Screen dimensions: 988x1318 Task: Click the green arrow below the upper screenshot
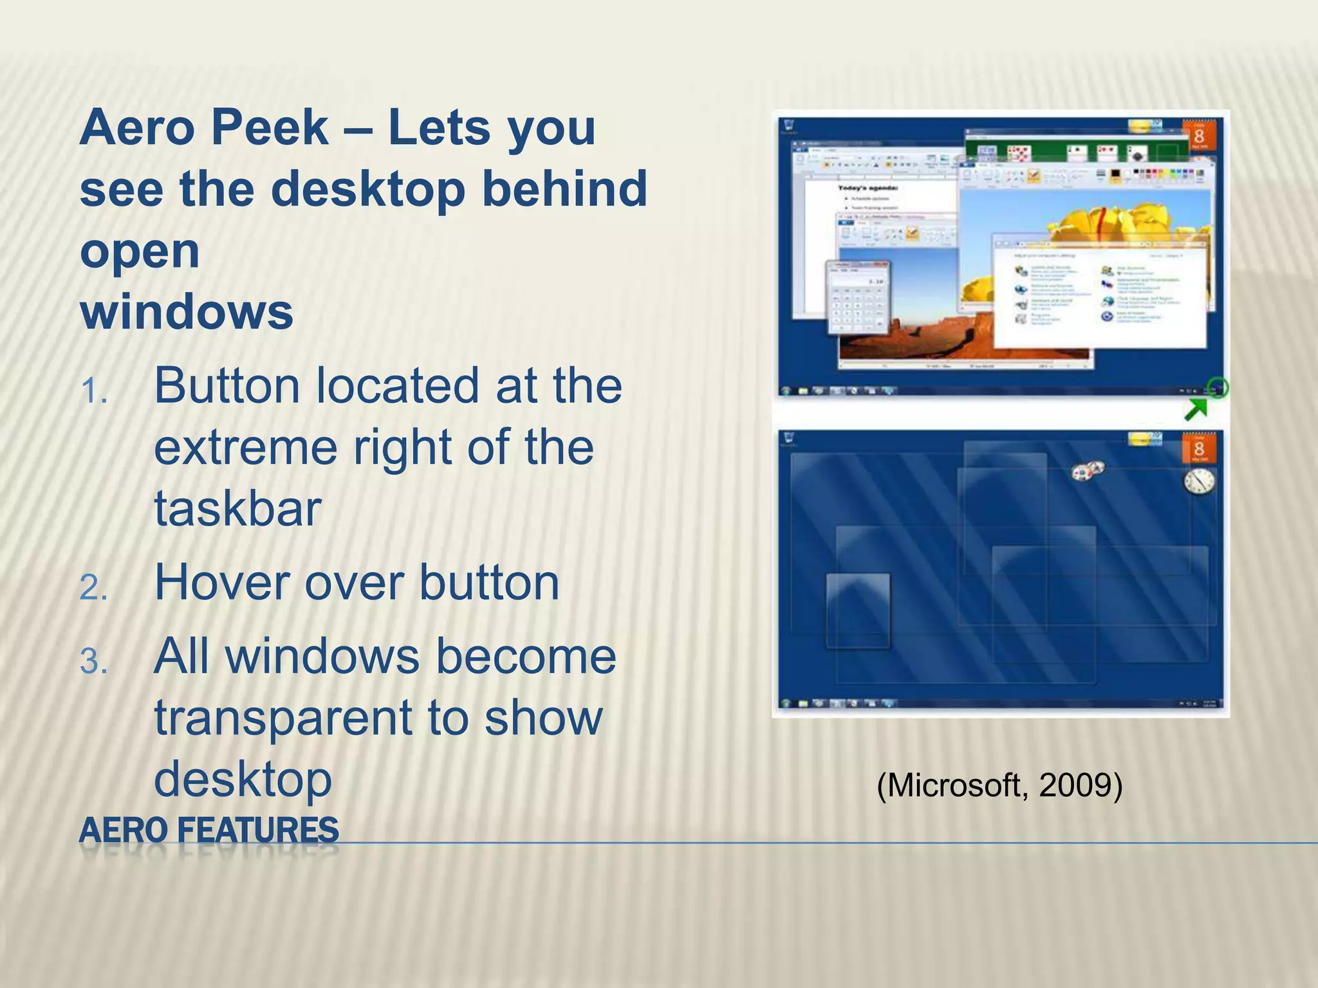click(x=1196, y=409)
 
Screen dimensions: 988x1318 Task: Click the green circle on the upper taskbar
click(x=1218, y=388)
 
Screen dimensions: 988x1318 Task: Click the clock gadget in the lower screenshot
click(x=1199, y=482)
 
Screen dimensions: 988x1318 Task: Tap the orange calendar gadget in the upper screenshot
click(x=1198, y=135)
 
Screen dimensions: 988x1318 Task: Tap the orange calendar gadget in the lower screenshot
click(x=1198, y=448)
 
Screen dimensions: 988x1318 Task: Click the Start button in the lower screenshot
click(x=786, y=704)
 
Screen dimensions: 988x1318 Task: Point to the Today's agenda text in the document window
click(x=868, y=188)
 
